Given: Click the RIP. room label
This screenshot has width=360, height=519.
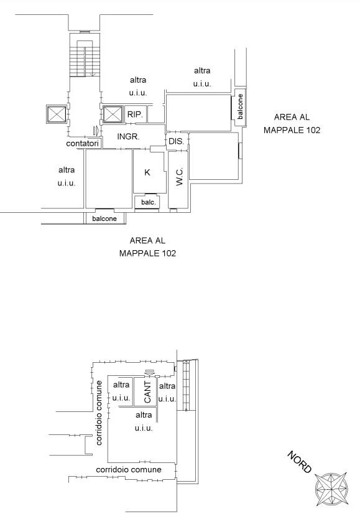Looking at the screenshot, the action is click(135, 115).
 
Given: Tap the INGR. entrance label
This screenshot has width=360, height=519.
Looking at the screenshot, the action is click(128, 136).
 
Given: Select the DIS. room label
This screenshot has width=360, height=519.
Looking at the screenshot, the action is click(176, 141).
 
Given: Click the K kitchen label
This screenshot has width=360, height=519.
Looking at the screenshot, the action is click(147, 172).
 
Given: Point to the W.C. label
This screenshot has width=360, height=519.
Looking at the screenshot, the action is click(180, 176).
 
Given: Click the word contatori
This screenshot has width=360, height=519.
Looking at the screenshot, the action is click(82, 143).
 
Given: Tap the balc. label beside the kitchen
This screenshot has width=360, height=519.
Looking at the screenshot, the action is click(149, 202).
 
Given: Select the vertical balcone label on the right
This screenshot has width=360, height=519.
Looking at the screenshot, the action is click(240, 106).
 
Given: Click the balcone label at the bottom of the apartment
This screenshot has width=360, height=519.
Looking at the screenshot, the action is click(104, 218).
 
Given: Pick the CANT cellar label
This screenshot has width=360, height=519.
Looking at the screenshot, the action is click(147, 392).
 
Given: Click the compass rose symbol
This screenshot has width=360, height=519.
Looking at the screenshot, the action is click(331, 489).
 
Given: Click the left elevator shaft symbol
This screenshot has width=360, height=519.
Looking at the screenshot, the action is click(56, 115).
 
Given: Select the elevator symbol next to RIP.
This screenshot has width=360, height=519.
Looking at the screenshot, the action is click(113, 115).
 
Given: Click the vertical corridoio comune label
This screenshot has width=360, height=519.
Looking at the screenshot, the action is click(99, 413).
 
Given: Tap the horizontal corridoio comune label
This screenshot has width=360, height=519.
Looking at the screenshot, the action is click(129, 469).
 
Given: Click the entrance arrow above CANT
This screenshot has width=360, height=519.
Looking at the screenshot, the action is click(149, 372).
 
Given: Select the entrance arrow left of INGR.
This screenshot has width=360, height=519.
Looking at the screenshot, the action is click(96, 131).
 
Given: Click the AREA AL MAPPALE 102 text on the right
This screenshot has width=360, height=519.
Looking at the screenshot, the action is click(292, 123).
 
